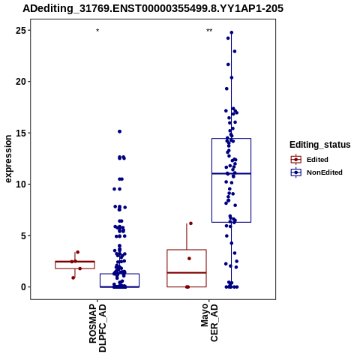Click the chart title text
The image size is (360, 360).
[x=153, y=9]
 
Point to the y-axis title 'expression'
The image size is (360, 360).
[x=8, y=159]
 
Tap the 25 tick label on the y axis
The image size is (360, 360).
[x=21, y=31]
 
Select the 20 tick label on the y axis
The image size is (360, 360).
[x=21, y=82]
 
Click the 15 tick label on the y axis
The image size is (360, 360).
[x=21, y=133]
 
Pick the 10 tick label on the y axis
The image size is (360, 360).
[x=21, y=184]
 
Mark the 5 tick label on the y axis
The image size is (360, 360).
[x=23, y=235]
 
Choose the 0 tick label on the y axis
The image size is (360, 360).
[x=23, y=287]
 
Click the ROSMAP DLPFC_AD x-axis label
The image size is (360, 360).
[x=97, y=328]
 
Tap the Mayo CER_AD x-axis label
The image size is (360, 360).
[x=209, y=322]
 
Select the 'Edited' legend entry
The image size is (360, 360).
[x=310, y=160]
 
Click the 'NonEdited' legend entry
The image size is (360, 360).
[x=316, y=172]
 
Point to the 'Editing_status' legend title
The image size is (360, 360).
[x=320, y=145]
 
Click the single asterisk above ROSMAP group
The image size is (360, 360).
[x=97, y=31]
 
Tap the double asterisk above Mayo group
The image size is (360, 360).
[x=209, y=31]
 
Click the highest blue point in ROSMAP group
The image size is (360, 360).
[x=119, y=131]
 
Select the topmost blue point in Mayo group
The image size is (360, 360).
[x=232, y=32]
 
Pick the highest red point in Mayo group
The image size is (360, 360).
[x=190, y=223]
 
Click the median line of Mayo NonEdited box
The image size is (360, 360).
[x=231, y=173]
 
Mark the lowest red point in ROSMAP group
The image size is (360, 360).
[x=73, y=277]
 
